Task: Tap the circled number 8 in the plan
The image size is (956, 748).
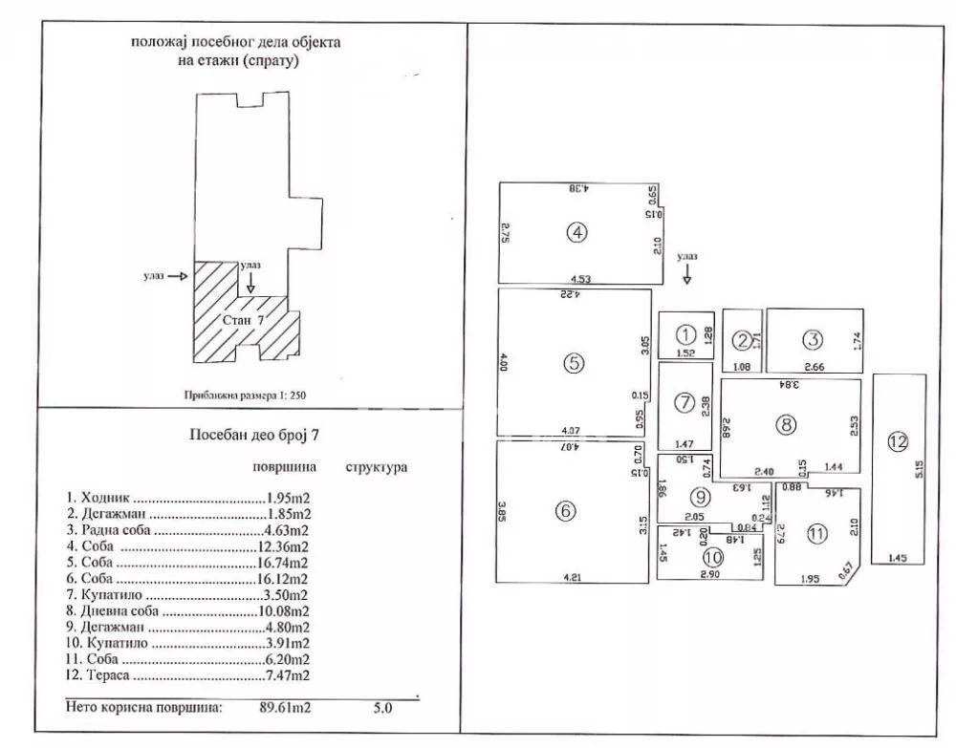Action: (786, 426)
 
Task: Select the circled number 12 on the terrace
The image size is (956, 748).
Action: (897, 441)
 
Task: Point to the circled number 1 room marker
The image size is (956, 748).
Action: (685, 334)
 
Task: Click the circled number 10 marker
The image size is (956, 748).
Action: (712, 557)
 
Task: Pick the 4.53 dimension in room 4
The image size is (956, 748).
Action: (582, 279)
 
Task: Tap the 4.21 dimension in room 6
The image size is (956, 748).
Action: (575, 577)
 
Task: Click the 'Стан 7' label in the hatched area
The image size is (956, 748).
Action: (243, 321)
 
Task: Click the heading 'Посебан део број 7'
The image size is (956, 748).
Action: (253, 435)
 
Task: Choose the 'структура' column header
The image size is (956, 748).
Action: (376, 468)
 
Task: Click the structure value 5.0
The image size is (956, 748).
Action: (382, 709)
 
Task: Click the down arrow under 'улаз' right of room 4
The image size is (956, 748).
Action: (686, 274)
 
